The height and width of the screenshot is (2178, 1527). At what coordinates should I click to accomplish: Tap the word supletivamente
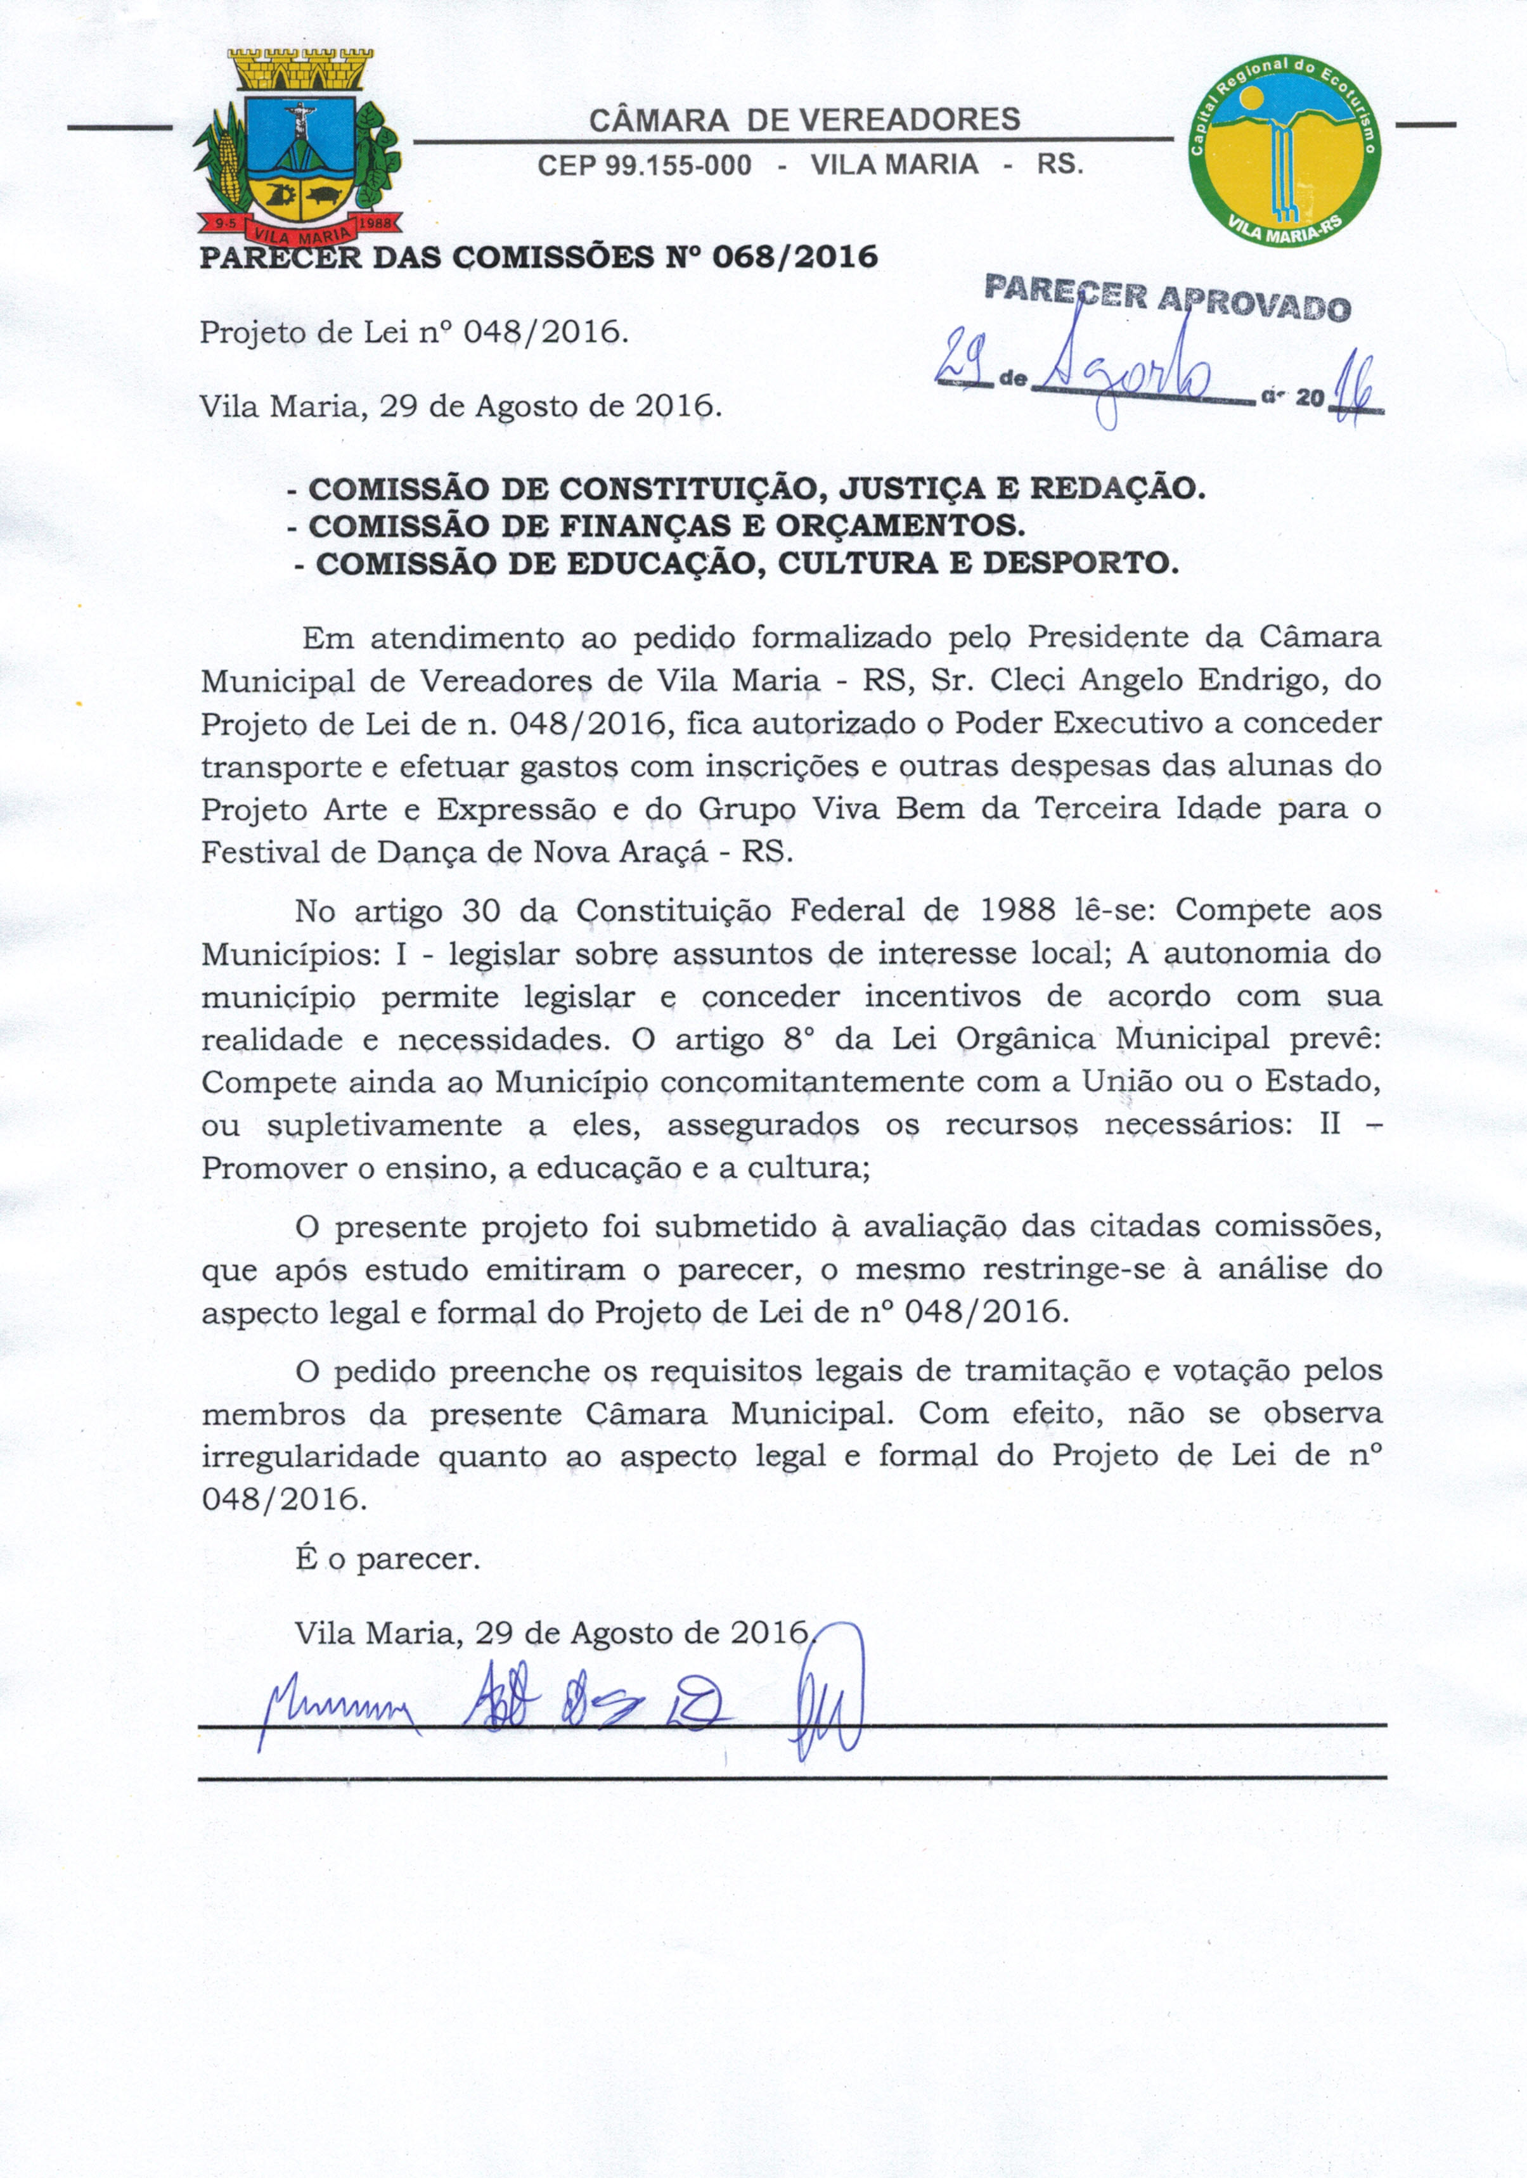click(x=385, y=1125)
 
